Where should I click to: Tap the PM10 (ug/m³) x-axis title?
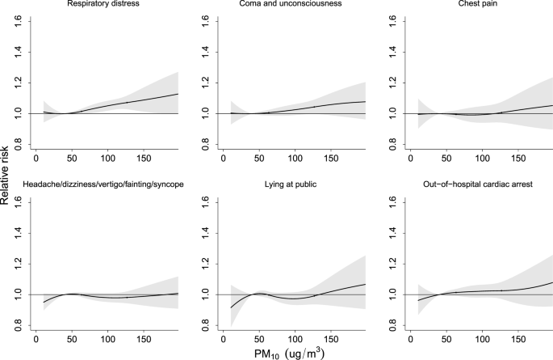tap(276, 350)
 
